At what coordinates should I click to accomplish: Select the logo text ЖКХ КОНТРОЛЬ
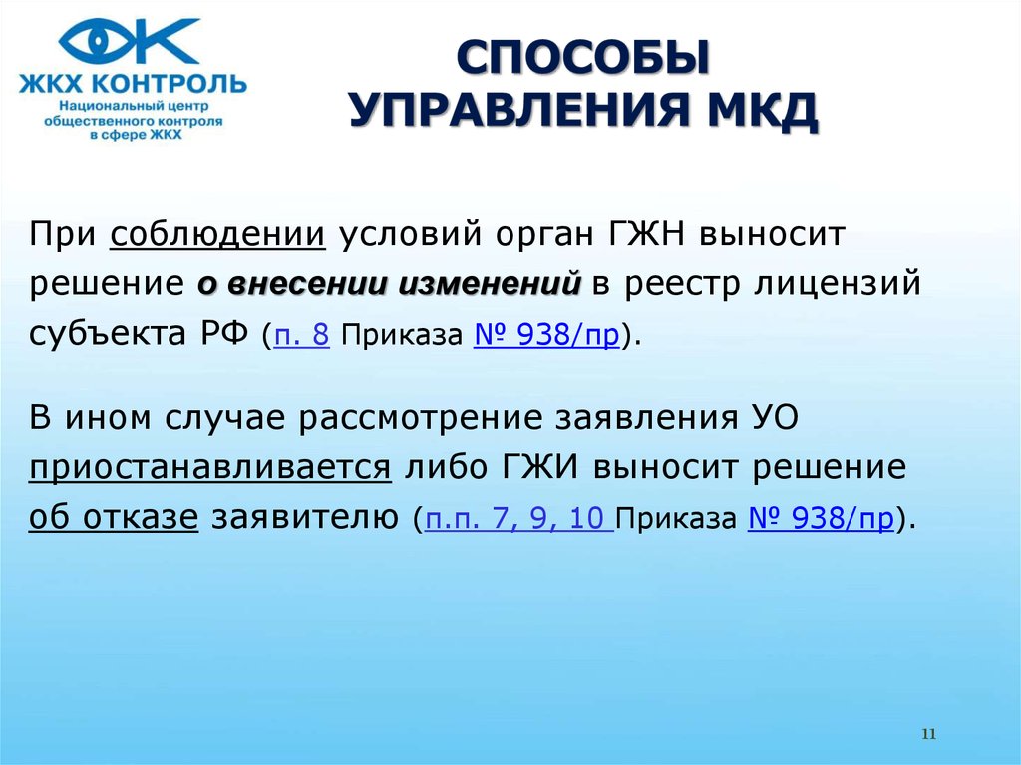click(133, 84)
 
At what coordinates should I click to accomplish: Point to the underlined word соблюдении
click(217, 234)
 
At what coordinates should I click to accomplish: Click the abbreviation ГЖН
click(646, 234)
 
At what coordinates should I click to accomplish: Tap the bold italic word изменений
click(489, 284)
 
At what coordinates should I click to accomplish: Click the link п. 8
click(301, 335)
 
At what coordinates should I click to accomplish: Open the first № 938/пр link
click(546, 335)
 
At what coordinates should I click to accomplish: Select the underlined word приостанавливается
click(210, 467)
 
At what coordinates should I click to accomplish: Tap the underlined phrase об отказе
click(114, 517)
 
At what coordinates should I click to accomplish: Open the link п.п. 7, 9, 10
click(518, 518)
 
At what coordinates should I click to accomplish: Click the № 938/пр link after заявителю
click(821, 518)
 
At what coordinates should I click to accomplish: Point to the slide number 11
click(929, 734)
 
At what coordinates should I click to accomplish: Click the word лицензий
click(838, 285)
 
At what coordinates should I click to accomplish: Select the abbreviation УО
click(775, 417)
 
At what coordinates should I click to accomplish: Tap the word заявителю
click(305, 518)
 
